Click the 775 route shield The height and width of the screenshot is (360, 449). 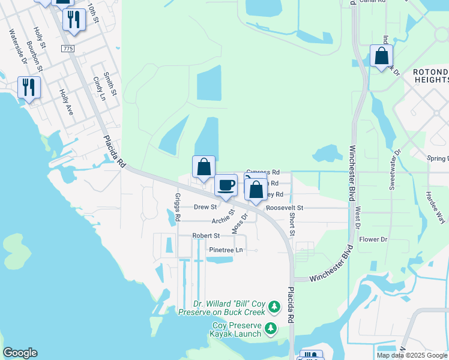tap(68, 47)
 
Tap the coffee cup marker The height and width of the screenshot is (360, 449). tap(226, 185)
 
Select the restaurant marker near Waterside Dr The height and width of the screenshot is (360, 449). tap(28, 88)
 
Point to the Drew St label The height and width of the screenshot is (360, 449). tap(205, 207)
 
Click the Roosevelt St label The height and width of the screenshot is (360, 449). tap(285, 208)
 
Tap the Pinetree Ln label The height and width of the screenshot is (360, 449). tap(226, 250)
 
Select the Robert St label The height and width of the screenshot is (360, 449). tap(206, 236)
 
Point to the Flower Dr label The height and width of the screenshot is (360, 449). tap(373, 239)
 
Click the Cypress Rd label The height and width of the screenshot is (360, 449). tap(262, 172)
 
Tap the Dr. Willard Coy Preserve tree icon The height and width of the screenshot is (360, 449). tap(274, 307)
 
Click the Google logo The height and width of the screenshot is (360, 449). tap(20, 353)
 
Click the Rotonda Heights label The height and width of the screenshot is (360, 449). tap(430, 76)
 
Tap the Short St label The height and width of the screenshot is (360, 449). tap(292, 224)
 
